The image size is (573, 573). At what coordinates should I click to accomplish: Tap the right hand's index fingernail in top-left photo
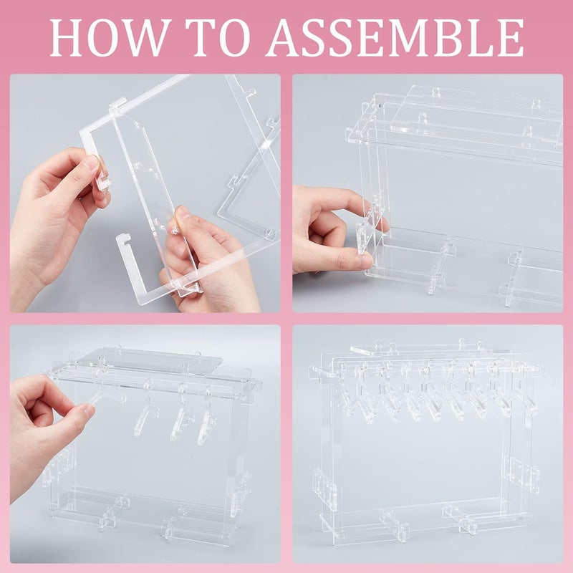pyautogui.click(x=182, y=213)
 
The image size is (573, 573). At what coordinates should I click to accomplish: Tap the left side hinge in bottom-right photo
pyautogui.click(x=324, y=491)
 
